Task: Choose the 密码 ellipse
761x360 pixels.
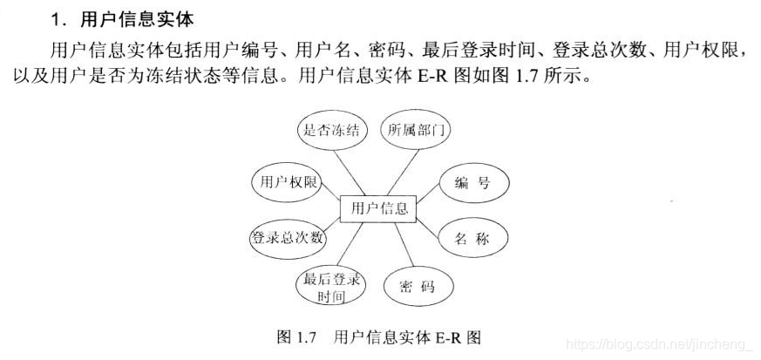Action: (x=417, y=287)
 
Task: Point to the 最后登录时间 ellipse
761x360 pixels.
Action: (x=330, y=288)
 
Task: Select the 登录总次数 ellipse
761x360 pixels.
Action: (x=288, y=237)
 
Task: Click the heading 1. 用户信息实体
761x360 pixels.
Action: (x=122, y=18)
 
